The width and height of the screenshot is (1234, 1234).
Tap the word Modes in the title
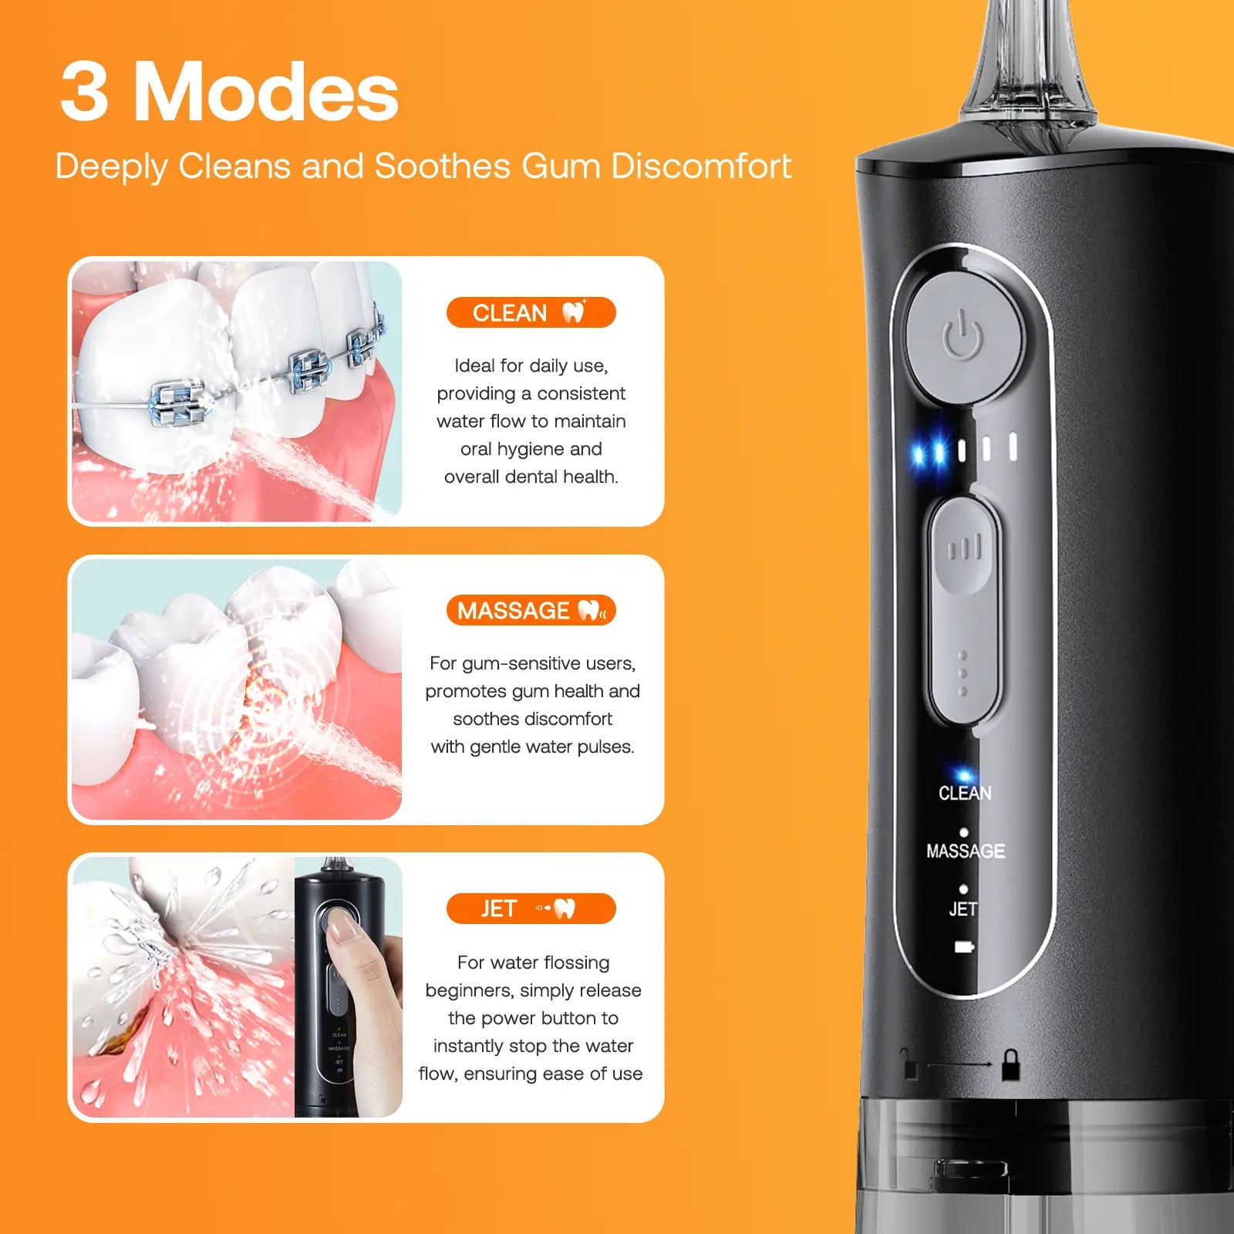coord(266,92)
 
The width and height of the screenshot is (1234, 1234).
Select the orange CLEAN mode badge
coord(531,312)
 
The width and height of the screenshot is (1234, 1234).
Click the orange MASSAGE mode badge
coord(531,610)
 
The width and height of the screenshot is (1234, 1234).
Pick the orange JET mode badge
coord(531,909)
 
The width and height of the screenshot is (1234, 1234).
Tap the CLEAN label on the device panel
coord(965,793)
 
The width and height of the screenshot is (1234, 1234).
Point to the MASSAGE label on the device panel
coord(966,851)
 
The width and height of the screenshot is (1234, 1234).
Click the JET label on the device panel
coord(963,909)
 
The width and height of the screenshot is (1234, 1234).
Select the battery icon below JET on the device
coord(964,946)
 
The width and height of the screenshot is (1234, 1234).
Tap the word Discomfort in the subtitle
coord(701,166)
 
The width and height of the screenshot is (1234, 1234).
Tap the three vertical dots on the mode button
coord(963,673)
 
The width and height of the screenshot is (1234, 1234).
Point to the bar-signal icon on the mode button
coord(964,548)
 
